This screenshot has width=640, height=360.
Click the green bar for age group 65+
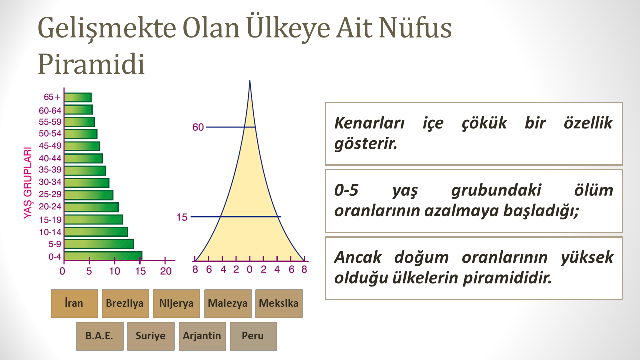click(78, 97)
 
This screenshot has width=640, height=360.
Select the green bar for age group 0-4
click(103, 256)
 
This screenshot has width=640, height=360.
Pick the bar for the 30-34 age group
click(87, 183)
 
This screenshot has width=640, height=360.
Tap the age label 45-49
click(50, 146)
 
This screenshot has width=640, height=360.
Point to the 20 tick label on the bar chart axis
click(165, 271)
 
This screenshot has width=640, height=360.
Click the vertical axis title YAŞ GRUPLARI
click(28, 183)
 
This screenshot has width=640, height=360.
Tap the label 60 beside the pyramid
click(198, 127)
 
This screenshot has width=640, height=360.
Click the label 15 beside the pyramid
click(182, 217)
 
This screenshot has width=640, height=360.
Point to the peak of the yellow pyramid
click(250, 81)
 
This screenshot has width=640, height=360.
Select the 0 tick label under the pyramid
click(250, 269)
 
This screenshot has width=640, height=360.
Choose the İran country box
click(74, 303)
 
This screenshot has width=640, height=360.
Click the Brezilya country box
click(125, 303)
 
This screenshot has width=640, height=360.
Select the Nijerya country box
click(176, 303)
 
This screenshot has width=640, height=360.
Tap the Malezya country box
click(228, 303)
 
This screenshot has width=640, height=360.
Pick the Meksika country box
click(279, 303)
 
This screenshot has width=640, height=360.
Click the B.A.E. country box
click(100, 336)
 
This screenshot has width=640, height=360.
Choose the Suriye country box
click(151, 336)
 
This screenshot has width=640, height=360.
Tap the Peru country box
click(253, 336)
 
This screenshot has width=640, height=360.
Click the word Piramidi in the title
click(91, 64)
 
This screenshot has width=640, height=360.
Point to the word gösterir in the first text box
click(366, 143)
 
